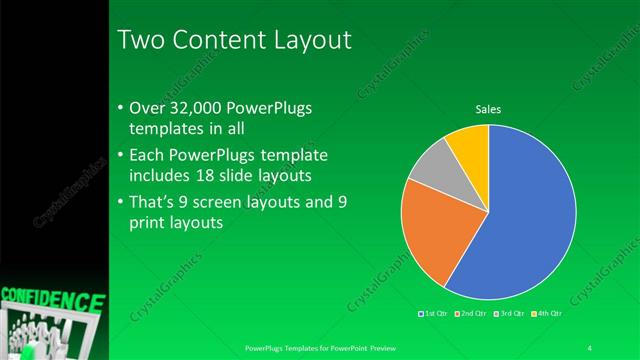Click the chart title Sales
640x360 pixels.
(x=488, y=109)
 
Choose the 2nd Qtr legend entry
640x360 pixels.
(x=471, y=315)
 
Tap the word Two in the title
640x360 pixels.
(x=139, y=40)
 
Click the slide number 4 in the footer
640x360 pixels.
(x=590, y=348)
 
